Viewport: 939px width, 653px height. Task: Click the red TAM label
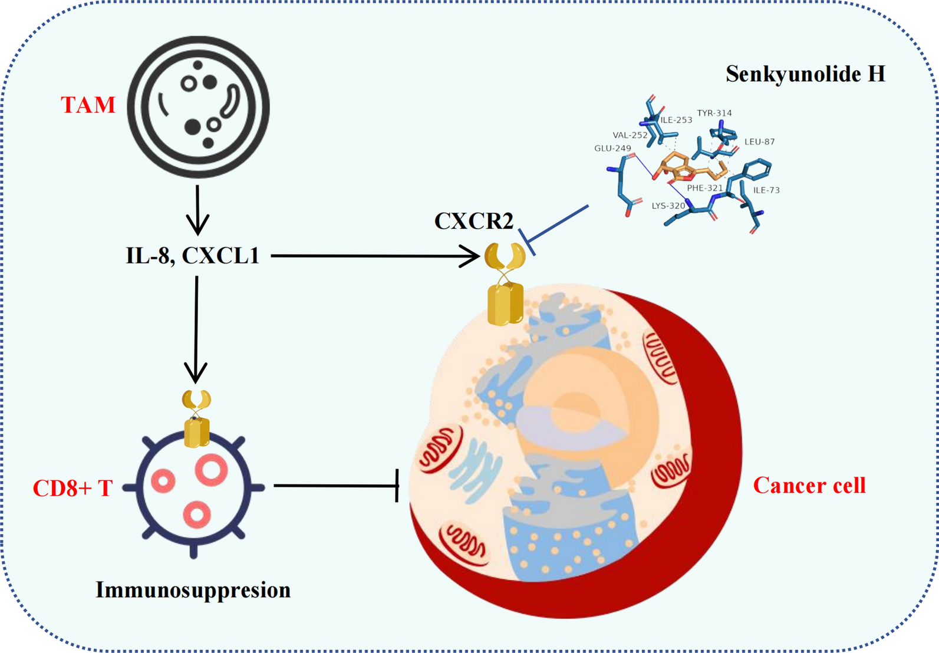click(x=88, y=105)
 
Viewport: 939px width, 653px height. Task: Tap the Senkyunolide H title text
click(x=805, y=74)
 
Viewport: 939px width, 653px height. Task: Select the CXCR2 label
click(x=473, y=221)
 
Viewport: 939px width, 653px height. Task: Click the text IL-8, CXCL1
click(x=193, y=256)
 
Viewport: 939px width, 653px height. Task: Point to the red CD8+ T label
click(x=72, y=488)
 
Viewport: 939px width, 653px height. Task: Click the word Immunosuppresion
click(x=193, y=589)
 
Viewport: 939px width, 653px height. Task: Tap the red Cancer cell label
click(x=809, y=485)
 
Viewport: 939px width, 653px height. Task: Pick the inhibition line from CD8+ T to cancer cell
click(x=336, y=486)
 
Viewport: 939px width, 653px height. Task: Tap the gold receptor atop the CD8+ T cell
click(x=196, y=418)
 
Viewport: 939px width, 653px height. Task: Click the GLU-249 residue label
click(x=612, y=149)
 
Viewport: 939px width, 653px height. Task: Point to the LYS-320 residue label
click(x=668, y=206)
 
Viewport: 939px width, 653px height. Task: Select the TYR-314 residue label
click(x=714, y=113)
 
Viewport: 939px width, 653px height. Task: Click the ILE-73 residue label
click(x=766, y=190)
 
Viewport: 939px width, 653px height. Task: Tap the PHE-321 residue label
click(x=704, y=188)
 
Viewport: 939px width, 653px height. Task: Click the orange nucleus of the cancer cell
click(x=589, y=401)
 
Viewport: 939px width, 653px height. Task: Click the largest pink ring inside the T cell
click(x=212, y=470)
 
